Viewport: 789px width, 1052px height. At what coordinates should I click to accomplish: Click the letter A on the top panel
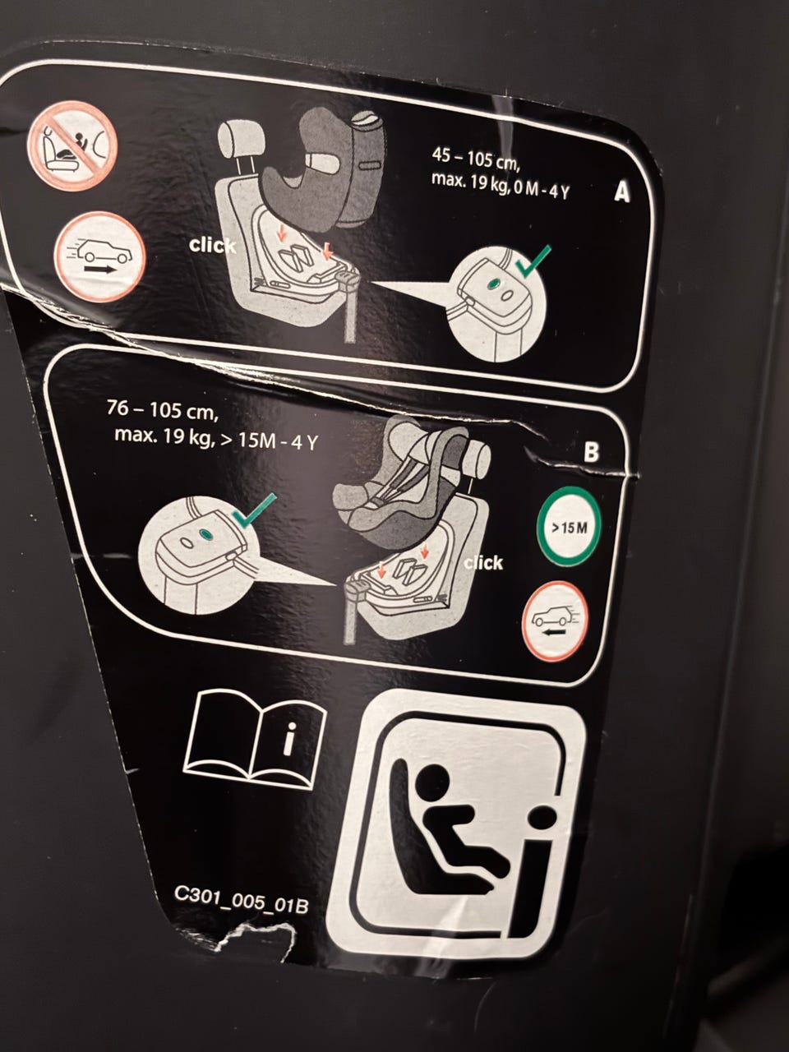[622, 192]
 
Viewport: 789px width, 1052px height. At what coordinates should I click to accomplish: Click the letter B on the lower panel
[591, 452]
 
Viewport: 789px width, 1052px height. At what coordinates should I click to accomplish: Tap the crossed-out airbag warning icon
[72, 146]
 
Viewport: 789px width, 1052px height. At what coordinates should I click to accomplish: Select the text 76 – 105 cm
[163, 410]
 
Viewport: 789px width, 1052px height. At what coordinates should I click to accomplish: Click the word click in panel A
[212, 246]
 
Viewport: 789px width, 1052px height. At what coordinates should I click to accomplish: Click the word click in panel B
[483, 563]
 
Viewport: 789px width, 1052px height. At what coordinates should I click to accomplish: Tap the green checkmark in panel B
[255, 510]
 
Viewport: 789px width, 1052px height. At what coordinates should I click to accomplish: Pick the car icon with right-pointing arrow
[99, 256]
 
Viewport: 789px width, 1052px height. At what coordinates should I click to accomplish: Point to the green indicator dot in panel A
[493, 284]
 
